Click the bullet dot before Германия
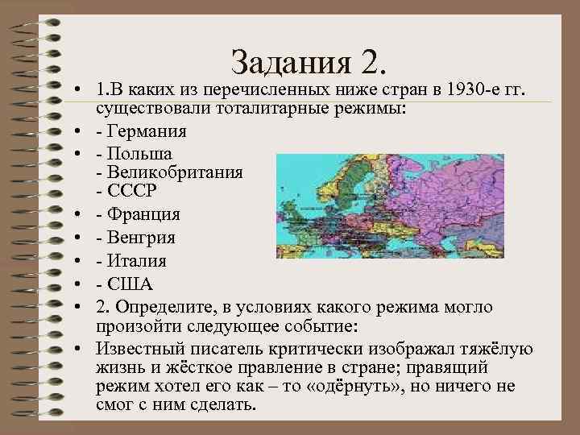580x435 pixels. pyautogui.click(x=83, y=131)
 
